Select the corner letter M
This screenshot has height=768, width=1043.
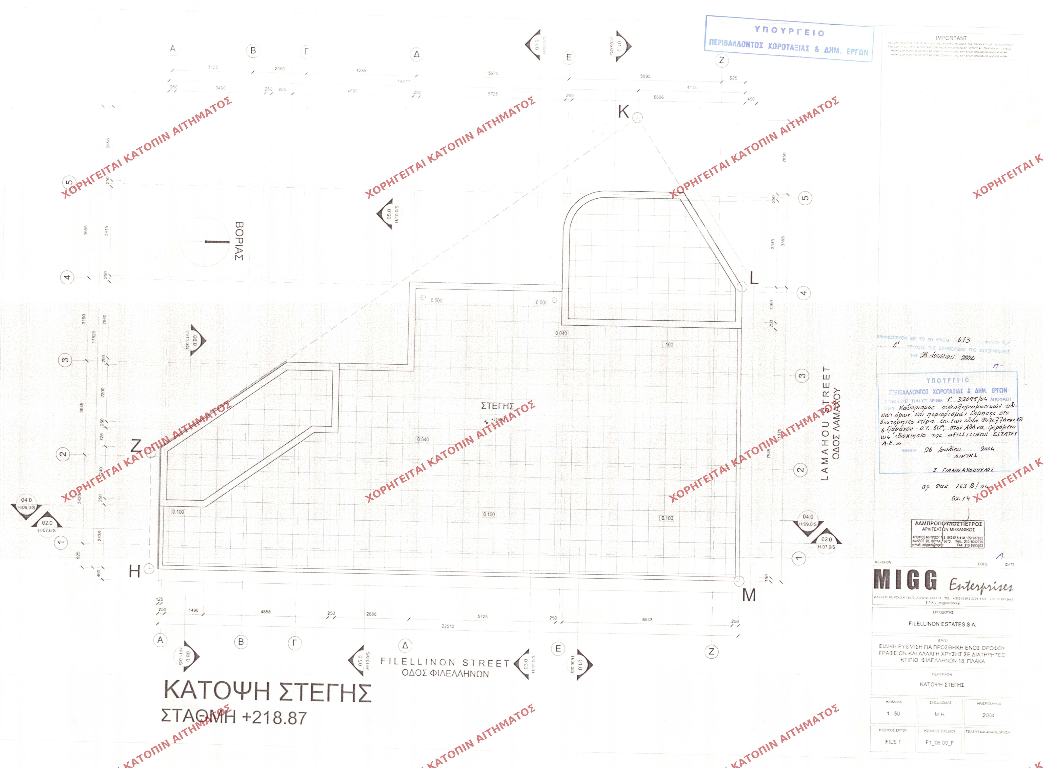pos(749,595)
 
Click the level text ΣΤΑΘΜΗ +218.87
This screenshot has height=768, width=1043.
pos(234,717)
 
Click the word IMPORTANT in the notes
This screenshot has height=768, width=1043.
pos(951,38)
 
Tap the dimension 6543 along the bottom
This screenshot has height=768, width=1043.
pos(647,619)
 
